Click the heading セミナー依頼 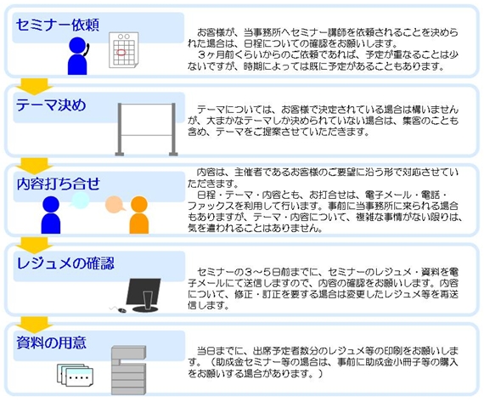[x=58, y=25]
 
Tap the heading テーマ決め [x=51, y=105]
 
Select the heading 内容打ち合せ [x=59, y=184]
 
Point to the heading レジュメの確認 [x=65, y=263]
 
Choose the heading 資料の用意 [x=51, y=343]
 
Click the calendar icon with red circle [x=123, y=50]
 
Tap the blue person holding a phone [x=78, y=56]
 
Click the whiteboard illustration [x=146, y=129]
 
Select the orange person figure [x=139, y=215]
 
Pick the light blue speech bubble [x=80, y=200]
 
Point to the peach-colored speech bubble [x=115, y=205]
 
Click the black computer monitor [x=144, y=295]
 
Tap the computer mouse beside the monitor [x=121, y=310]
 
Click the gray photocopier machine [x=128, y=371]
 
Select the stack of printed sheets [x=75, y=375]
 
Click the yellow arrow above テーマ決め [x=35, y=87]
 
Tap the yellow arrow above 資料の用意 [x=35, y=325]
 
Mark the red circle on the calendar [x=121, y=53]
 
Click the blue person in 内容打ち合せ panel [x=51, y=215]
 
